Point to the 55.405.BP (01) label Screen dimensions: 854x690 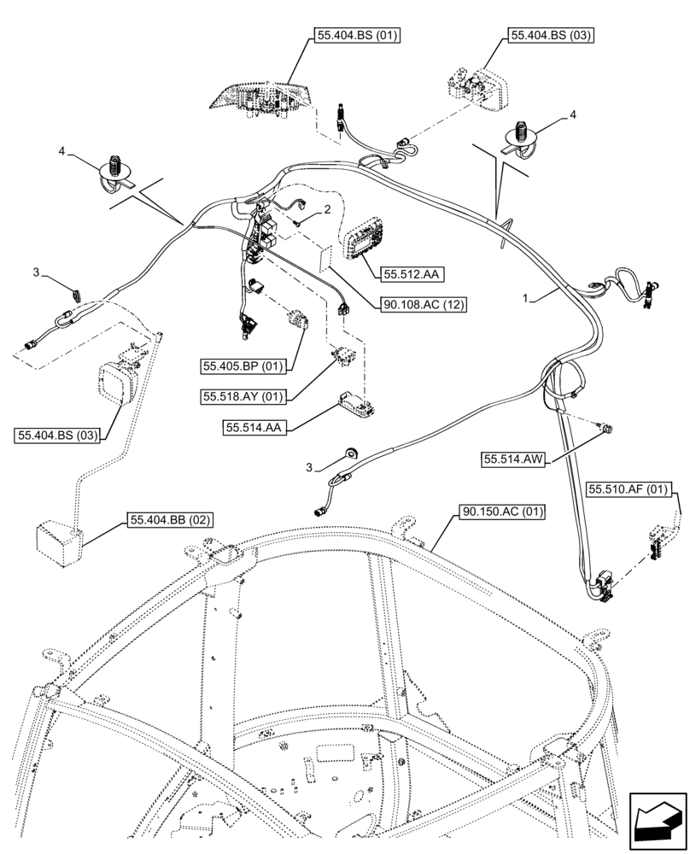point(244,366)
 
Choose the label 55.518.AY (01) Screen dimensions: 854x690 point(243,397)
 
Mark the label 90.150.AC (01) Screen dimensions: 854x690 point(503,512)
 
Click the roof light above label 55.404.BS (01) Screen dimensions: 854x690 point(261,95)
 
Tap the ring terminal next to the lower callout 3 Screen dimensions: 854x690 point(350,453)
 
